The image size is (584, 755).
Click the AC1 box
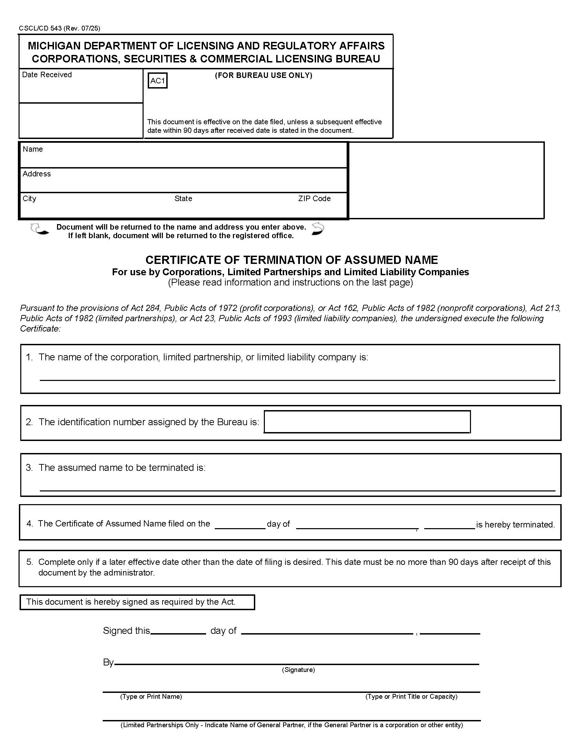coord(157,81)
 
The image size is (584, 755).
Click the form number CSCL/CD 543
coord(41,28)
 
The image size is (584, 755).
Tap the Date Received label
coord(47,75)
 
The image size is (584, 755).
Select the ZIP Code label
coord(314,198)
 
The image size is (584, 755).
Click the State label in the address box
coord(183,198)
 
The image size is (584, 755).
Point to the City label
coord(30,198)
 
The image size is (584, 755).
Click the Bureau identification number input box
coord(367,421)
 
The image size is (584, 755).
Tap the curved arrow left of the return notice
coord(39,229)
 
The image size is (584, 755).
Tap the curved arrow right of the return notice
coord(318,229)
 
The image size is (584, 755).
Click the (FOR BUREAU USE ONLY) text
coord(263,75)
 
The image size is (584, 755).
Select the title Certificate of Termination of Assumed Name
coord(291,260)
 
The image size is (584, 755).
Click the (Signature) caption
coord(298,670)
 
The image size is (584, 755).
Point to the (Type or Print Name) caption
coord(151,696)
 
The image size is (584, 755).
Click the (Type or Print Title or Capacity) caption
coord(411,696)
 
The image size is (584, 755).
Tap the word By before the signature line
coord(108,662)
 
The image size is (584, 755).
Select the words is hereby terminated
coord(515,524)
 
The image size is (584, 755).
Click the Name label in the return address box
coord(33,149)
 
